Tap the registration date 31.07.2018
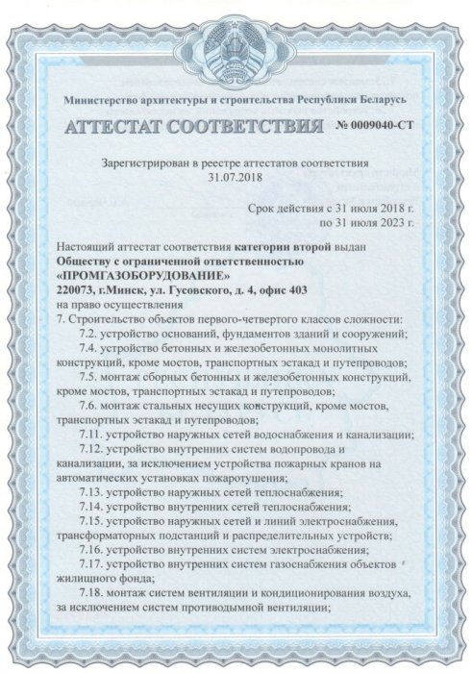click(236, 178)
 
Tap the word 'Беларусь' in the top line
click(383, 101)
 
